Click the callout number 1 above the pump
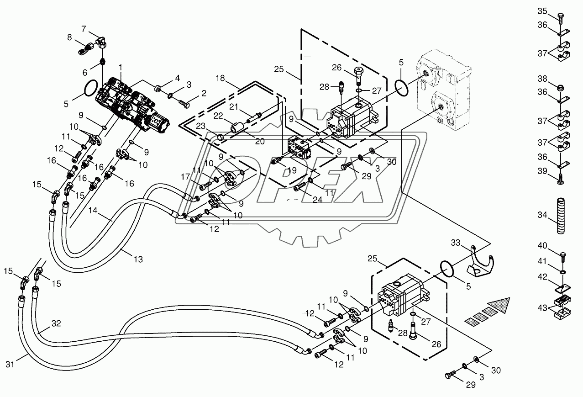120,68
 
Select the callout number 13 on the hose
138,259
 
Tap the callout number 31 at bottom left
10,364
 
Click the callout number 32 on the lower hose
56,323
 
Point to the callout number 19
292,170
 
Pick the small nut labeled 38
560,88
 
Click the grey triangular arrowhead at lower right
499,306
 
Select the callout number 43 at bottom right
542,308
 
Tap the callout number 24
318,200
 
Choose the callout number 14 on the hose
93,210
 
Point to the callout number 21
234,106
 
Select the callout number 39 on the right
543,171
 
